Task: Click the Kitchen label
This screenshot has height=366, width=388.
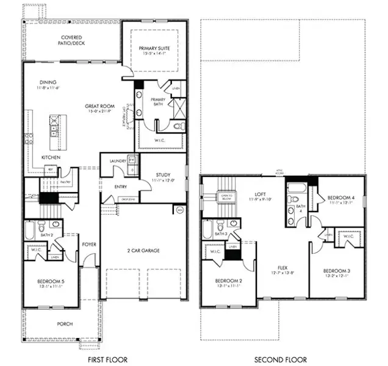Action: [x=50, y=157]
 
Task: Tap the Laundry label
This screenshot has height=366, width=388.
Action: [x=118, y=161]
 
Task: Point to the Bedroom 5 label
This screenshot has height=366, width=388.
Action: [x=51, y=281]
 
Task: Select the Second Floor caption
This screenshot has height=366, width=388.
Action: [x=281, y=360]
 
